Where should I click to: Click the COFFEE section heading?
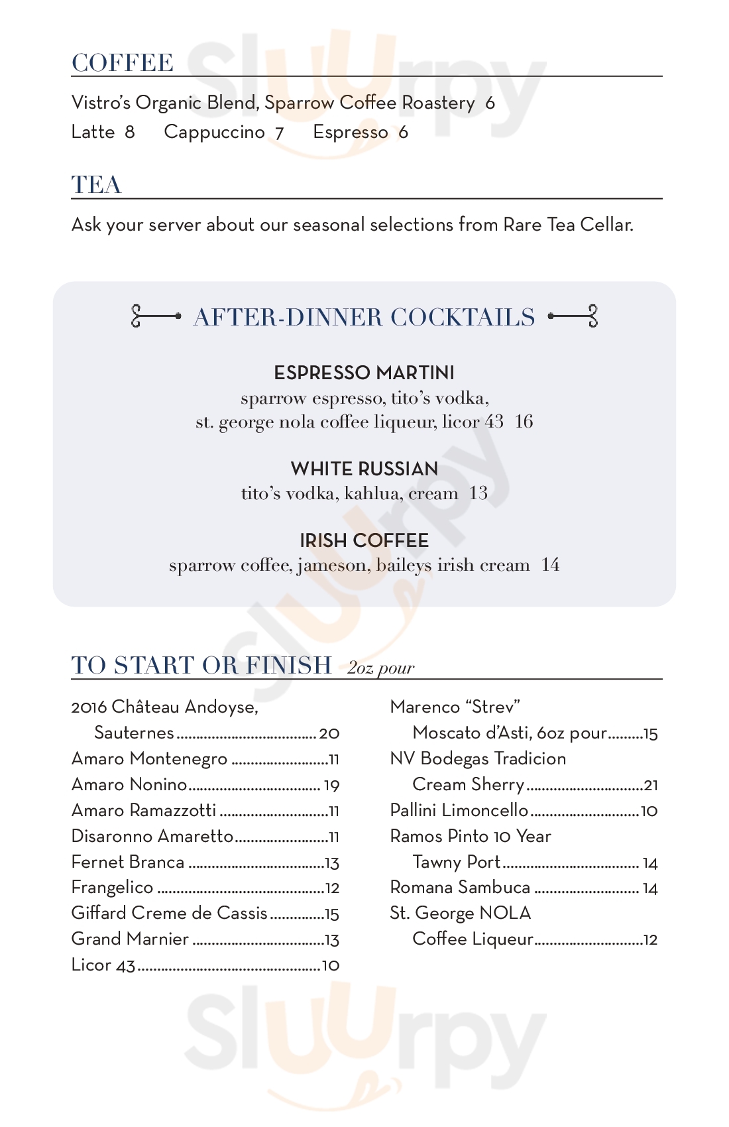pos(123,63)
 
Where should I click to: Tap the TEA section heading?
pos(97,185)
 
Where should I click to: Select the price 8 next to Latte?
pos(130,132)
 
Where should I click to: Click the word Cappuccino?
pos(214,132)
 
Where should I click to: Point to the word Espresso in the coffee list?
pos(351,132)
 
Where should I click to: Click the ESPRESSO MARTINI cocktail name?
pos(364,373)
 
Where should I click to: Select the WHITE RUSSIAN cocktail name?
pos(364,469)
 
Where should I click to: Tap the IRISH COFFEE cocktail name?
pos(364,540)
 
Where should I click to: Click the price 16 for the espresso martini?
pos(524,422)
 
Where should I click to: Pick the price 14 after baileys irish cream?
pos(550,565)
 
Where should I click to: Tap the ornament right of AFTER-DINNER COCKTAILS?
pos(574,316)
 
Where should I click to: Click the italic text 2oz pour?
pos(380,668)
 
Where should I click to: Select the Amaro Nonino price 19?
pos(331,786)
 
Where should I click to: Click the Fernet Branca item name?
pos(128,862)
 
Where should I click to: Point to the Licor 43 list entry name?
pos(103,965)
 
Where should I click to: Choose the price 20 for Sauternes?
pos(329,733)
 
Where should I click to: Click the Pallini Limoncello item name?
pos(459,810)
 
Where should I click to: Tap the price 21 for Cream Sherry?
pos(651,786)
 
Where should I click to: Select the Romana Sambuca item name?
pos(460,888)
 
